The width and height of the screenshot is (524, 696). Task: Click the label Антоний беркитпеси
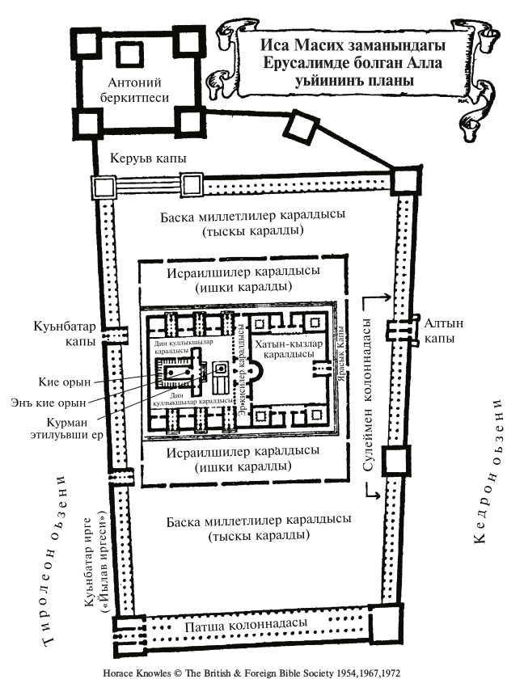[135, 91]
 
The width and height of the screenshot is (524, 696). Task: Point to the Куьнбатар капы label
[77, 335]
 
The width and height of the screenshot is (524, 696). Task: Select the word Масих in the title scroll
[306, 44]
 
